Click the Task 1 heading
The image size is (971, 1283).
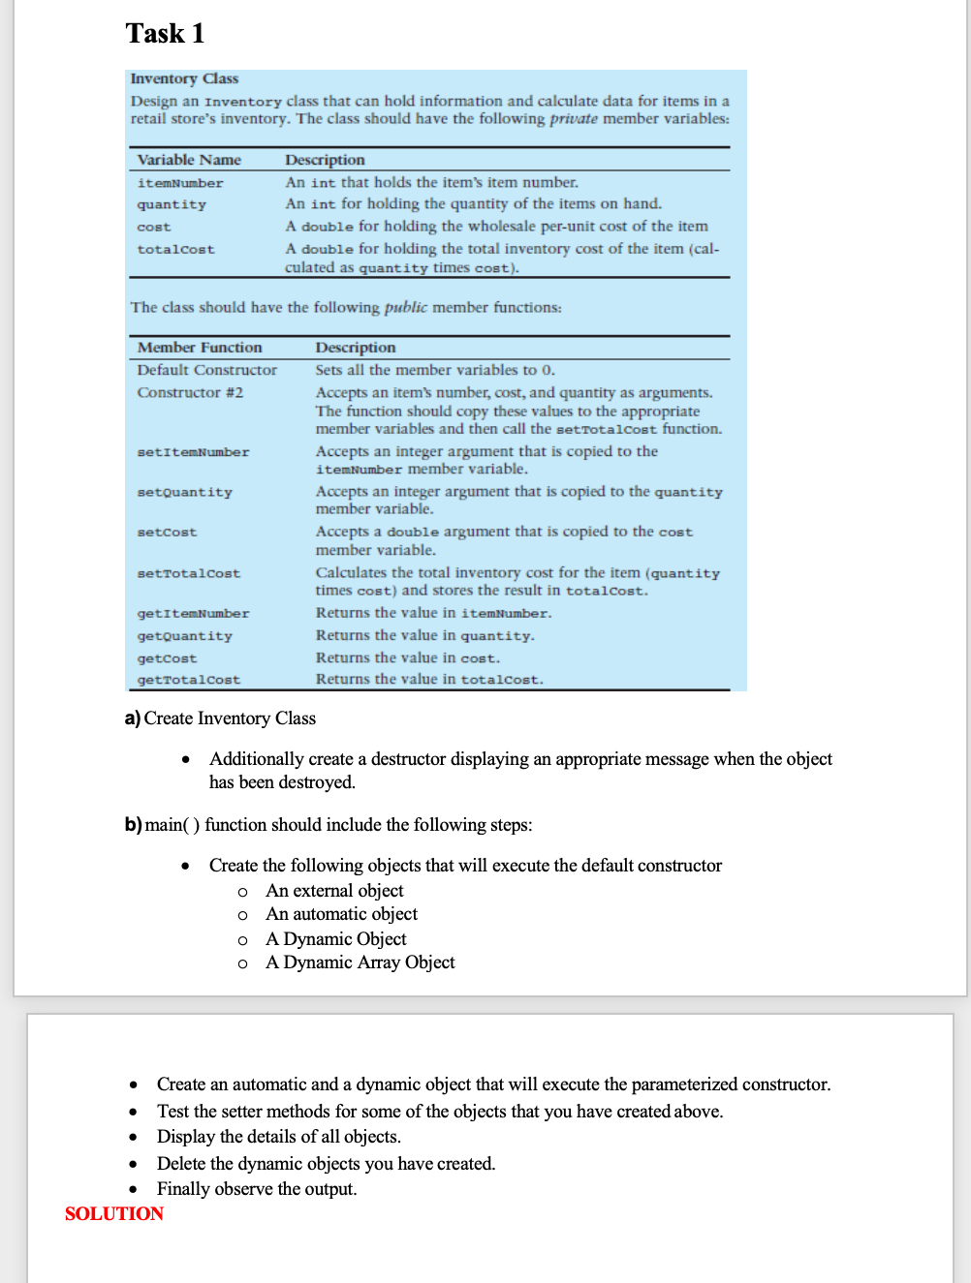click(x=165, y=34)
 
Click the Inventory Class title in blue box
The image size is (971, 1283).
click(x=184, y=78)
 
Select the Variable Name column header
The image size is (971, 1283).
click(x=189, y=160)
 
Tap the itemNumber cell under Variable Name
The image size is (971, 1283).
click(x=180, y=183)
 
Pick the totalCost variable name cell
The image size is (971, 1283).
click(x=175, y=250)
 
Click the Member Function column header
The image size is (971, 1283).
click(x=200, y=348)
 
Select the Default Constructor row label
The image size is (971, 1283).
click(x=206, y=370)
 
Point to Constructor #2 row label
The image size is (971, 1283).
click(x=190, y=392)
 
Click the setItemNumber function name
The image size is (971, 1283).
click(x=193, y=452)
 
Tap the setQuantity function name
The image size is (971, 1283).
click(x=184, y=493)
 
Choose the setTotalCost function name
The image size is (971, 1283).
click(x=188, y=574)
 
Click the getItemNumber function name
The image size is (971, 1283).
click(x=193, y=614)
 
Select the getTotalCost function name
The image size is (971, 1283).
click(x=188, y=681)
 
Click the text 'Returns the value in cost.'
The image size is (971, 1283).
click(x=407, y=657)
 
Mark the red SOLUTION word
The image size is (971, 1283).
click(x=113, y=1213)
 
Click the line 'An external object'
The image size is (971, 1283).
click(x=334, y=891)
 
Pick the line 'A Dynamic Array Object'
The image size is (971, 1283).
click(x=360, y=962)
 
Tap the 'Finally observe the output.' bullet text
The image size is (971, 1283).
click(x=257, y=1189)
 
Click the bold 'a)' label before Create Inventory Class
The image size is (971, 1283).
click(x=133, y=718)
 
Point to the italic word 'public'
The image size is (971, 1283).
click(x=405, y=307)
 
